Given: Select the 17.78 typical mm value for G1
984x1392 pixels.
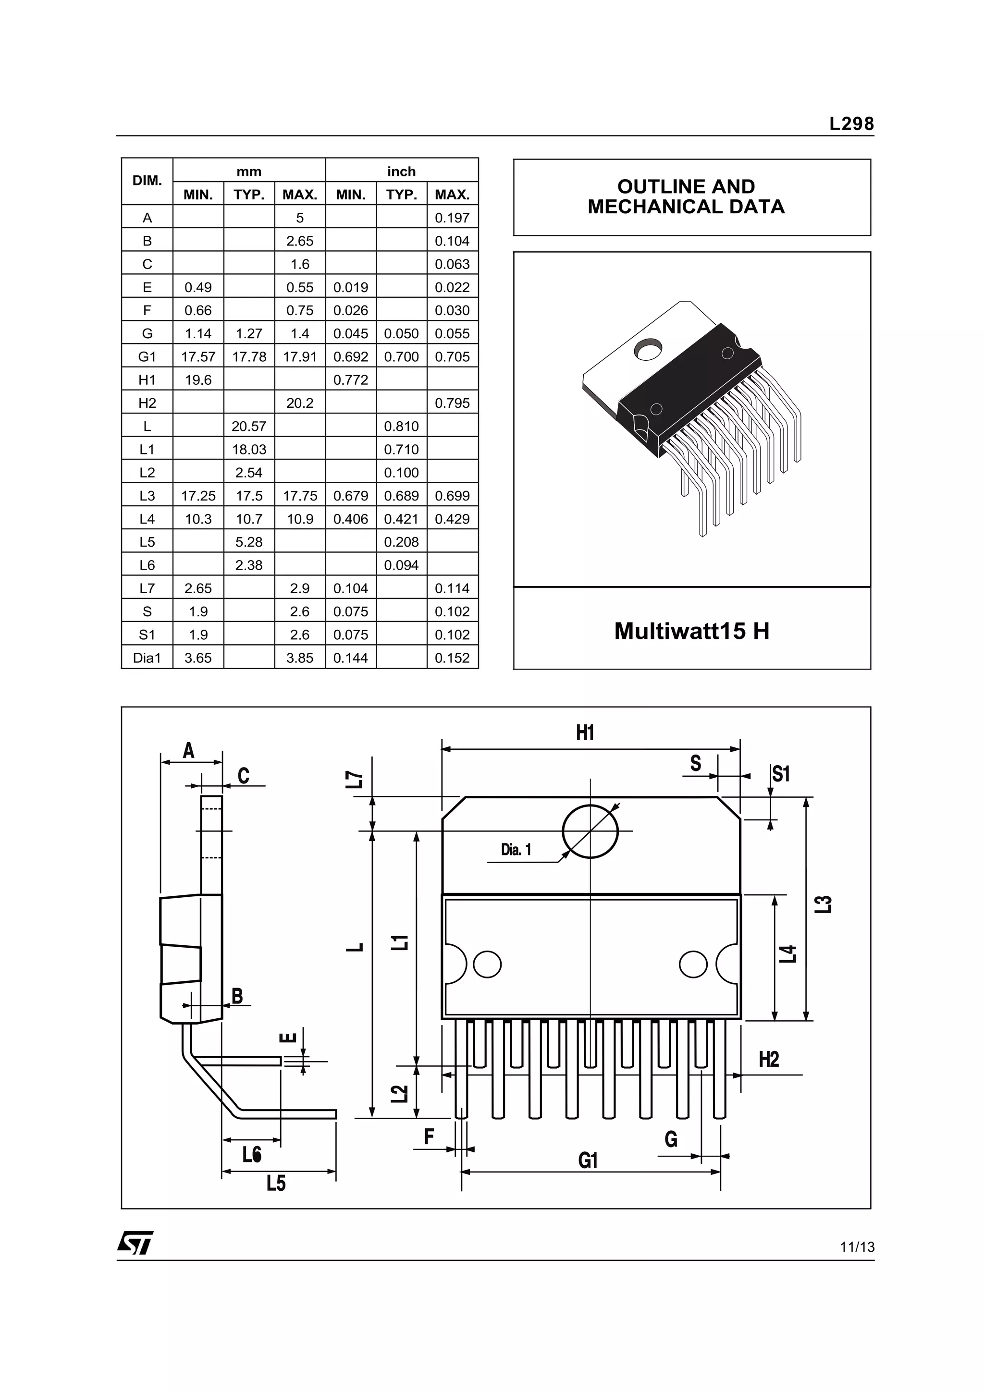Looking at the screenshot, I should click(248, 356).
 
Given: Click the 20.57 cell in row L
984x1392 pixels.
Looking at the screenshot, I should click(248, 426).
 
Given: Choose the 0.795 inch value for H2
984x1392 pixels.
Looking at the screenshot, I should click(452, 403).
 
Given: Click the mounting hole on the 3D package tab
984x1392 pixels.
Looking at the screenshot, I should click(648, 349).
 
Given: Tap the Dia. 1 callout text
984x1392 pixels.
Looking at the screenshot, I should click(516, 849).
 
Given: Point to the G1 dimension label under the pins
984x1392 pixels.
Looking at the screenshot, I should click(588, 1160).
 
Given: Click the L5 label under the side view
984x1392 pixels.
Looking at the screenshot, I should click(276, 1183).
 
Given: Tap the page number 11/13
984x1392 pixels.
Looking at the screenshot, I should click(857, 1246).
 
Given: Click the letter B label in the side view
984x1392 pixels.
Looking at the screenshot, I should click(237, 996).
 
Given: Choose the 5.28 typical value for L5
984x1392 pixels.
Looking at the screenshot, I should click(248, 542).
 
